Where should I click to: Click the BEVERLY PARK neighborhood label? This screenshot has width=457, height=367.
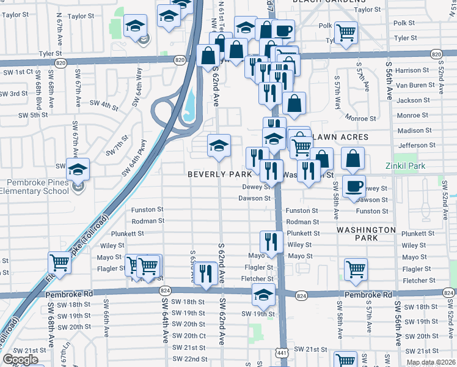[x=219, y=174]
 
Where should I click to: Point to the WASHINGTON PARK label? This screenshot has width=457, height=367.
[x=366, y=233]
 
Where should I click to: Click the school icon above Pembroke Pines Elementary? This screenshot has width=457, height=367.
[x=78, y=168]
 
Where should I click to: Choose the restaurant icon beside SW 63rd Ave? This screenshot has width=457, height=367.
[x=205, y=273]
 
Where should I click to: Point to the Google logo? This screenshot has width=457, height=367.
[x=21, y=360]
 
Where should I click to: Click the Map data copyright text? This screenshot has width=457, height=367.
[x=430, y=362]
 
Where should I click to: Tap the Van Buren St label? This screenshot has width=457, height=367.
[x=419, y=86]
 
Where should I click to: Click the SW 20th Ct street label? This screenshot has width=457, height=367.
[x=189, y=336]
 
